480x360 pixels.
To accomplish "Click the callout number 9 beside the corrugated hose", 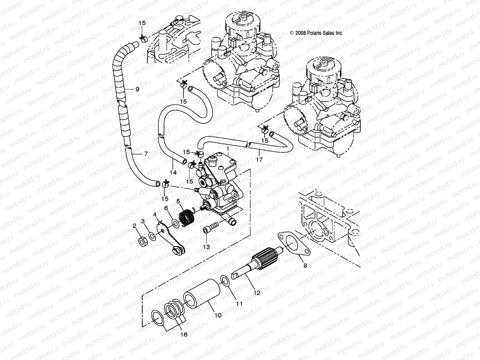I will (x=137, y=89).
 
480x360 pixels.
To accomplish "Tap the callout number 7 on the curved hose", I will (x=146, y=154).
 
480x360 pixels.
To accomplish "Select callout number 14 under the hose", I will (x=173, y=173).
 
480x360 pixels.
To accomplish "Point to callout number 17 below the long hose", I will (x=259, y=160).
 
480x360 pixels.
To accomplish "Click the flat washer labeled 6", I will (x=175, y=223).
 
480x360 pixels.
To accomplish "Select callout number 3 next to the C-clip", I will (x=143, y=221).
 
